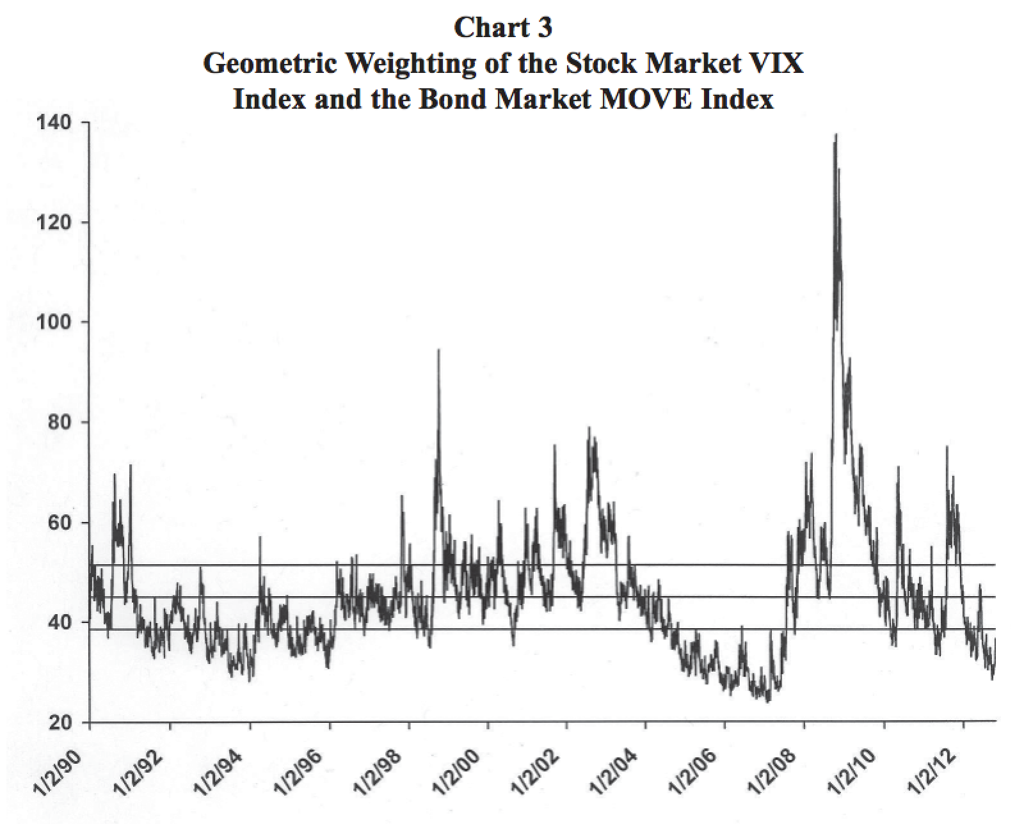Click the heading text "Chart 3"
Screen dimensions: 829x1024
(502, 27)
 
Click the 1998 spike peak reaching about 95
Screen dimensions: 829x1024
(438, 350)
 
